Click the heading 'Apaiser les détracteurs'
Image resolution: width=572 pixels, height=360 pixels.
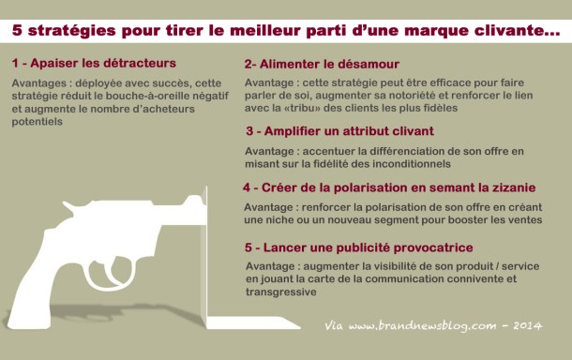(103, 63)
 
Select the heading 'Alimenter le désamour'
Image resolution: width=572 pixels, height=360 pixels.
(329, 64)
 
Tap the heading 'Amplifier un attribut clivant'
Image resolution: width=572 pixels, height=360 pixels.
(349, 131)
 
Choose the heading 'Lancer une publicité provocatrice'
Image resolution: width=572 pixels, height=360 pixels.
(369, 247)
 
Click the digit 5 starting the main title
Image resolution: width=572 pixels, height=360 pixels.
(17, 30)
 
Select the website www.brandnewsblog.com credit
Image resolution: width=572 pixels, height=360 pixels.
(422, 325)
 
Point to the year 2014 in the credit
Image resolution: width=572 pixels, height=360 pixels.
(528, 325)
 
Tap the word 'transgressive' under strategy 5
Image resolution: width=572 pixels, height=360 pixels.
(281, 292)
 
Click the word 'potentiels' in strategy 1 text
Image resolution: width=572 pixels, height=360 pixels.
(37, 122)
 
